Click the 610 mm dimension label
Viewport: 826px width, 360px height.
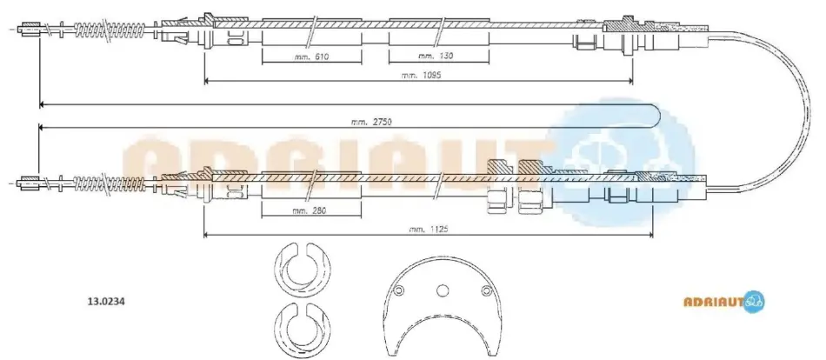pyautogui.click(x=312, y=56)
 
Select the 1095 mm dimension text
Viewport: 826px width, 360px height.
pyautogui.click(x=420, y=75)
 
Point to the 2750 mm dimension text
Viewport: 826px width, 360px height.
pyautogui.click(x=372, y=122)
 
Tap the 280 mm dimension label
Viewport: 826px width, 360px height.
pyautogui.click(x=310, y=210)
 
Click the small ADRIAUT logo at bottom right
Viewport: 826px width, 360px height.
pyautogui.click(x=723, y=302)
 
